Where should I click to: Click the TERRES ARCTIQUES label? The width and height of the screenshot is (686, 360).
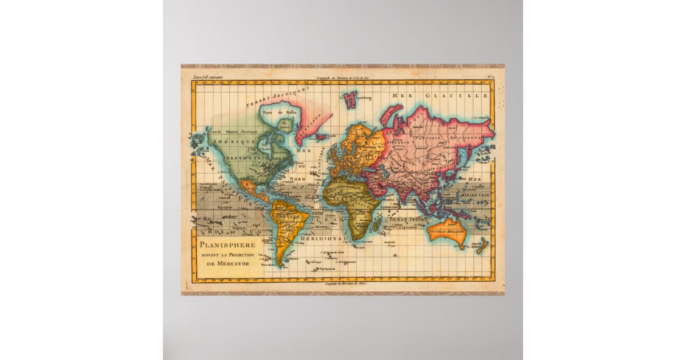[x=277, y=97]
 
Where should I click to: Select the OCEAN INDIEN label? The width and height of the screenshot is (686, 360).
[x=408, y=219]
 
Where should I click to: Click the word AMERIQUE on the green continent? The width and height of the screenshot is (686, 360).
[x=233, y=141]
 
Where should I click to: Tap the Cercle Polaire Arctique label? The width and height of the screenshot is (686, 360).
[x=234, y=131]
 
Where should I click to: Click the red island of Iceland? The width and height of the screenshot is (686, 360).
[x=320, y=137]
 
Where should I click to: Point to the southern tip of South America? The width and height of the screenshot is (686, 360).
[x=278, y=264]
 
